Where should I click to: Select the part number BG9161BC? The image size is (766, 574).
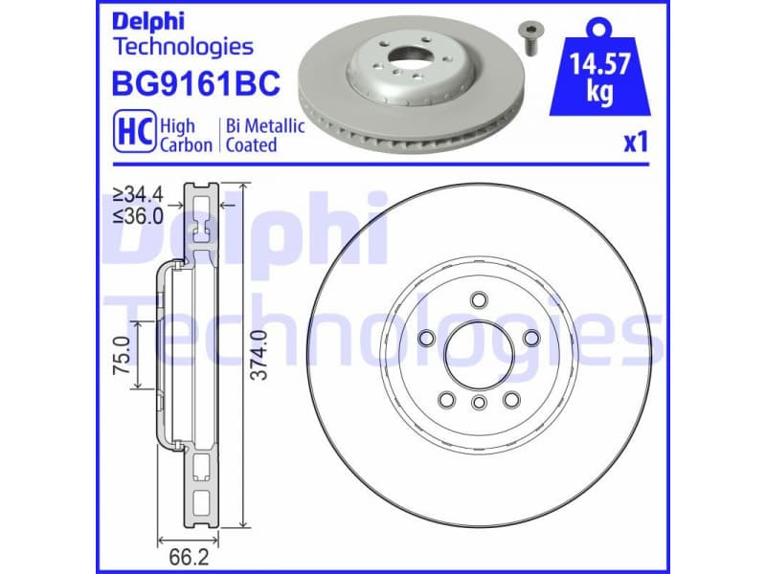tap(196, 83)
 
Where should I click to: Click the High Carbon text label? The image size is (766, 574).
tap(178, 136)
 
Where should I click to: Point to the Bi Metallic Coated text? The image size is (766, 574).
tap(263, 136)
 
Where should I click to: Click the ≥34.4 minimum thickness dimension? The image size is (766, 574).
tap(138, 195)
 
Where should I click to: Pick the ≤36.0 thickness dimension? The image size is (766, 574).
tap(138, 215)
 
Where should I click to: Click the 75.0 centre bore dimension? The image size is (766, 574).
tap(123, 355)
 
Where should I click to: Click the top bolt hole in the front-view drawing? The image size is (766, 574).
tap(477, 302)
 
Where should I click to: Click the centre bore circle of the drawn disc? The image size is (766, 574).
tap(477, 352)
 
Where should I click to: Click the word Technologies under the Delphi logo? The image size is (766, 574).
tap(183, 46)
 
